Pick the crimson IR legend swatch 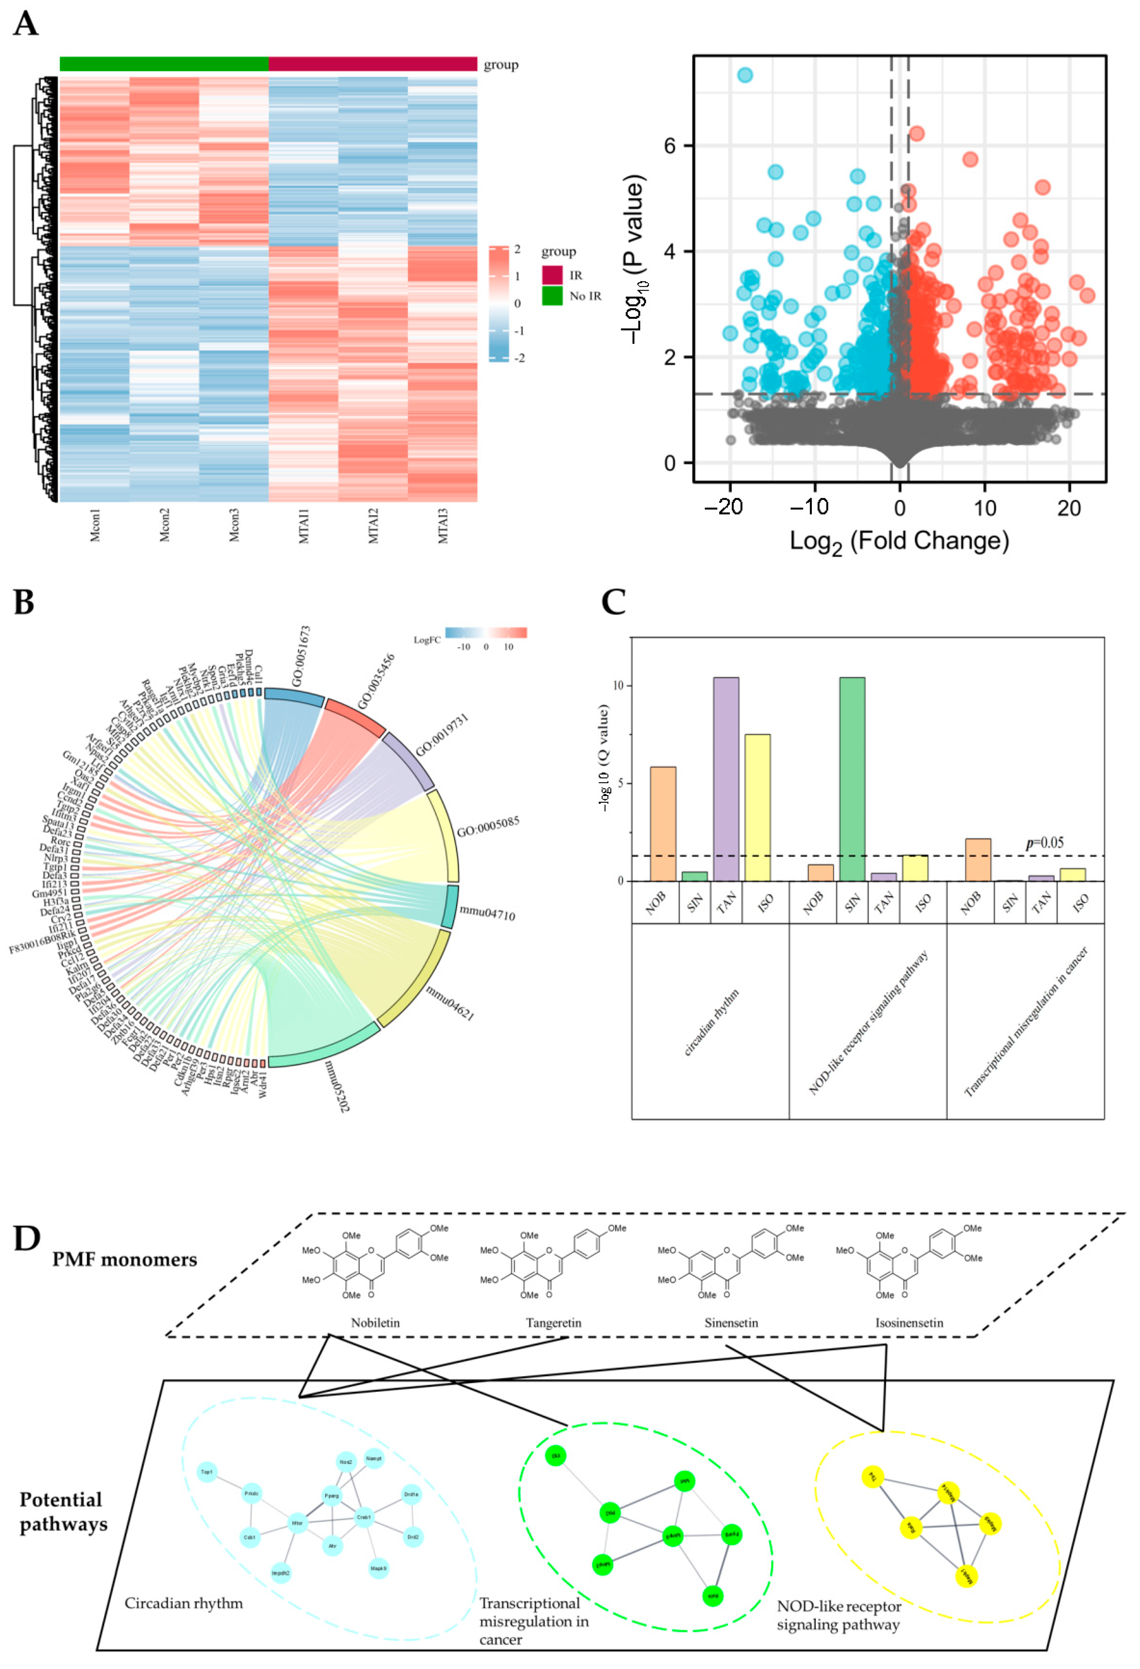[x=552, y=274]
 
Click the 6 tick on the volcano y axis [x=670, y=146]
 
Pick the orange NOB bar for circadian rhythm [x=662, y=824]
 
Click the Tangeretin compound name [x=553, y=1323]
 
